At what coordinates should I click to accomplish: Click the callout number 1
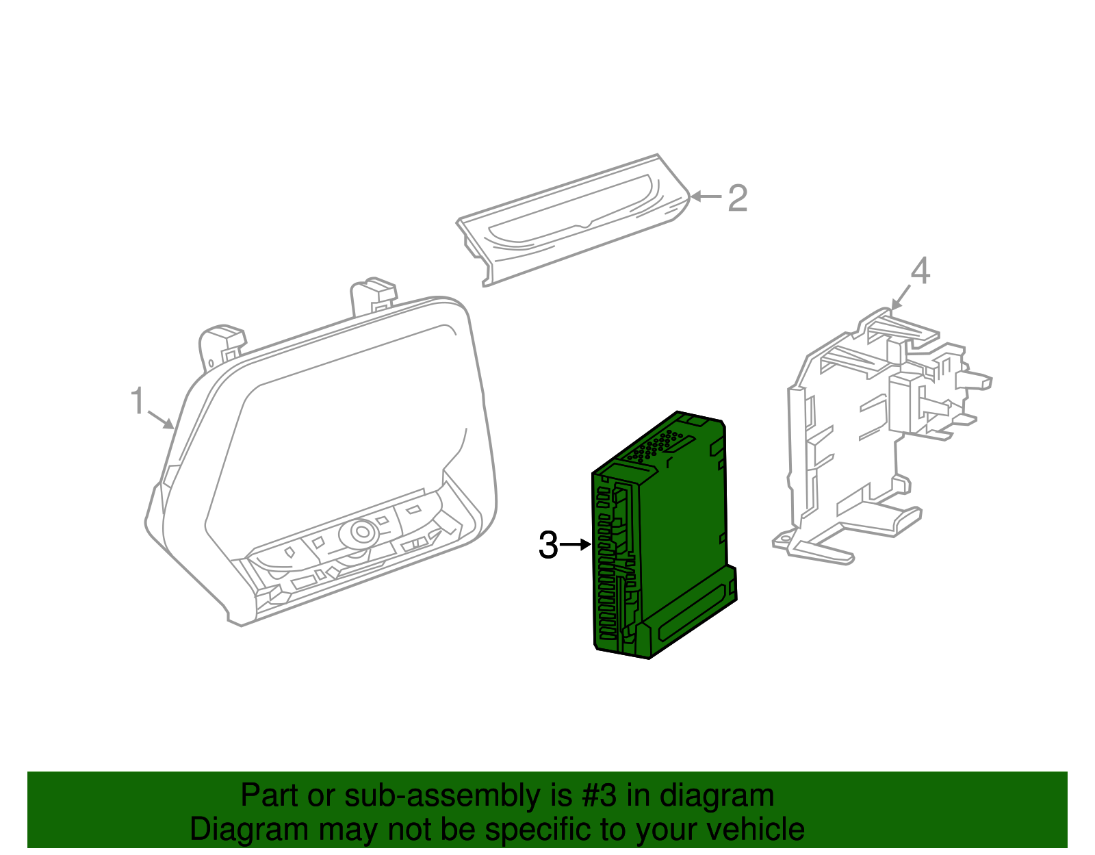(138, 400)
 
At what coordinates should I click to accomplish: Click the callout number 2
(737, 198)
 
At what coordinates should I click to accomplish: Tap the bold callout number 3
(548, 546)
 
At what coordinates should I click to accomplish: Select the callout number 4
(920, 271)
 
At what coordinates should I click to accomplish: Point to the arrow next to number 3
(576, 545)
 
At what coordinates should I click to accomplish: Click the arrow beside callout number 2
(706, 197)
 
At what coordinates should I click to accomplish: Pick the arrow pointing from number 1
(161, 419)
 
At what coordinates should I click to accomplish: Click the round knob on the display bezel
(361, 531)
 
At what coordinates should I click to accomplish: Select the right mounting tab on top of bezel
(373, 294)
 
